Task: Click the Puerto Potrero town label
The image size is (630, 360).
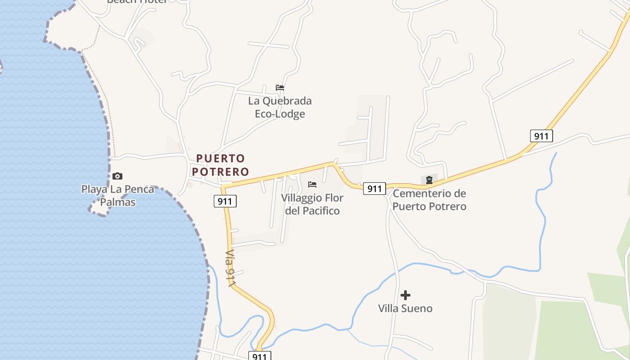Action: tap(220, 165)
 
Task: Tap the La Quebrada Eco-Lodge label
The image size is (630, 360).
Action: tap(280, 107)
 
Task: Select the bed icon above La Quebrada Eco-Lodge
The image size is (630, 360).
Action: tap(280, 88)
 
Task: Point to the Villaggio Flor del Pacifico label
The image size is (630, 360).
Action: tap(312, 204)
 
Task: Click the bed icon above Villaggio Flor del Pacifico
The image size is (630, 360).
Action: tap(312, 184)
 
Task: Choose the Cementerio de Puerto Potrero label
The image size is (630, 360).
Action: tap(429, 200)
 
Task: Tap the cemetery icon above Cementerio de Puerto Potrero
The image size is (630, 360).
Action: tap(429, 180)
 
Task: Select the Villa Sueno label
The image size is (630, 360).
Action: tap(405, 308)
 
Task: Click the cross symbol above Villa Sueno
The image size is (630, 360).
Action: tap(405, 295)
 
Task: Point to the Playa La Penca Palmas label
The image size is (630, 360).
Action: tap(117, 196)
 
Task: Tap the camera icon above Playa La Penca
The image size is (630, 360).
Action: tap(117, 176)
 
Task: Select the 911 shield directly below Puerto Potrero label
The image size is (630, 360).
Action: tap(225, 201)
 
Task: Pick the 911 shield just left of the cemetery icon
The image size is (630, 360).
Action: tap(374, 189)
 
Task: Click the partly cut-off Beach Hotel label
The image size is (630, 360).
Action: tap(137, 2)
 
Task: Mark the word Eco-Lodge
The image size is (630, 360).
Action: tap(280, 114)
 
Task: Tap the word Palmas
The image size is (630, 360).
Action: tap(117, 202)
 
